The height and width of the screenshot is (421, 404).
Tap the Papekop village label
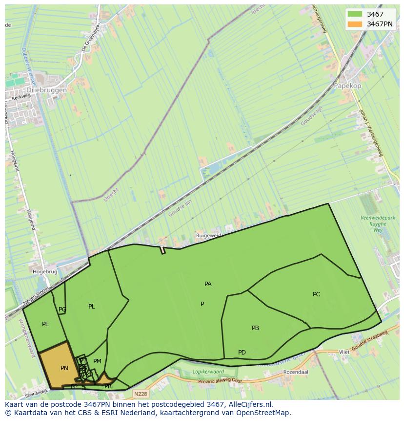point(347,85)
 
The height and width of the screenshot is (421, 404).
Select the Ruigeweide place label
point(209,235)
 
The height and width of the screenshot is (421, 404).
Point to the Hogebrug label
point(45,271)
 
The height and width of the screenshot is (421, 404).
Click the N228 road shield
point(140,394)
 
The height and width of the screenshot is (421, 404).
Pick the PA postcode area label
point(208,284)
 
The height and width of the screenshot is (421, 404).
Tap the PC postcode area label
point(316,294)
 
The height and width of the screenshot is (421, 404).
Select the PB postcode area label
point(255,328)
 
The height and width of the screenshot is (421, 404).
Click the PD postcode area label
point(242,353)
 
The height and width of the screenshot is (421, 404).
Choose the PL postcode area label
point(92,307)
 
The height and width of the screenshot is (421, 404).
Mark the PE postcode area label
point(45,324)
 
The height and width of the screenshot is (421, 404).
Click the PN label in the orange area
point(64,368)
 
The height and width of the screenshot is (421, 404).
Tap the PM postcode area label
point(97,361)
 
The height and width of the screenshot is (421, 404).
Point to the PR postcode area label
point(108,386)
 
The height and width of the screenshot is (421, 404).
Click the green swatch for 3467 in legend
point(355,14)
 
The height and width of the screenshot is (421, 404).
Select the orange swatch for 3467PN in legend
point(355,24)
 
